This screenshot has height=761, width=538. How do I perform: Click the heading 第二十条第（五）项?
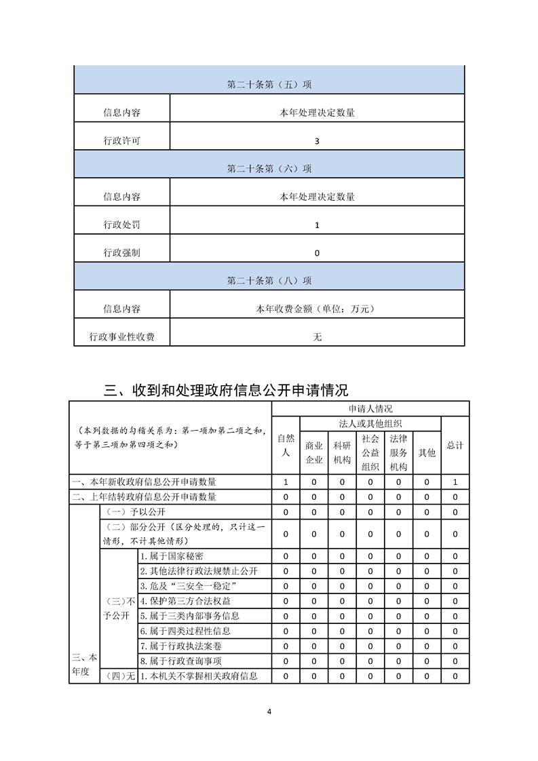pyautogui.click(x=269, y=85)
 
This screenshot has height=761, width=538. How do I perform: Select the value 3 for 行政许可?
pyautogui.click(x=317, y=142)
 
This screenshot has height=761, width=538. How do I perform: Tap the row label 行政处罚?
pyautogui.click(x=122, y=225)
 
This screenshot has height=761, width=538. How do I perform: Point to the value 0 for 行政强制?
pyautogui.click(x=317, y=253)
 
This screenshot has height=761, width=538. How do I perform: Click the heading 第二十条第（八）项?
pyautogui.click(x=269, y=280)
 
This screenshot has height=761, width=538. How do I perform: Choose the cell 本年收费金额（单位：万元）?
pyautogui.click(x=317, y=309)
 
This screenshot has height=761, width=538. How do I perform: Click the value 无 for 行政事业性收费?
pyautogui.click(x=317, y=336)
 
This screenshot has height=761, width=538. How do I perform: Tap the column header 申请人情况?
pyautogui.click(x=370, y=409)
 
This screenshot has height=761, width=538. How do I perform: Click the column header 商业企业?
pyautogui.click(x=313, y=452)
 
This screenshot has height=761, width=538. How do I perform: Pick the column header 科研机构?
pyautogui.click(x=342, y=452)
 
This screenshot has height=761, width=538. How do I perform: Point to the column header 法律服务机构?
pyautogui.click(x=398, y=452)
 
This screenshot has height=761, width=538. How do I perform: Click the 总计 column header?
pyautogui.click(x=455, y=446)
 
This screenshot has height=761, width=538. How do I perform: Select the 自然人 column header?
pyautogui.click(x=286, y=446)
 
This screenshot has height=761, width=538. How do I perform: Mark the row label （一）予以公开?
pyautogui.click(x=128, y=511)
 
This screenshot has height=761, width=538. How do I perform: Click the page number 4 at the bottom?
pyautogui.click(x=269, y=711)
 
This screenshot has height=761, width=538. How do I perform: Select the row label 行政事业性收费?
pyautogui.click(x=122, y=336)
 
